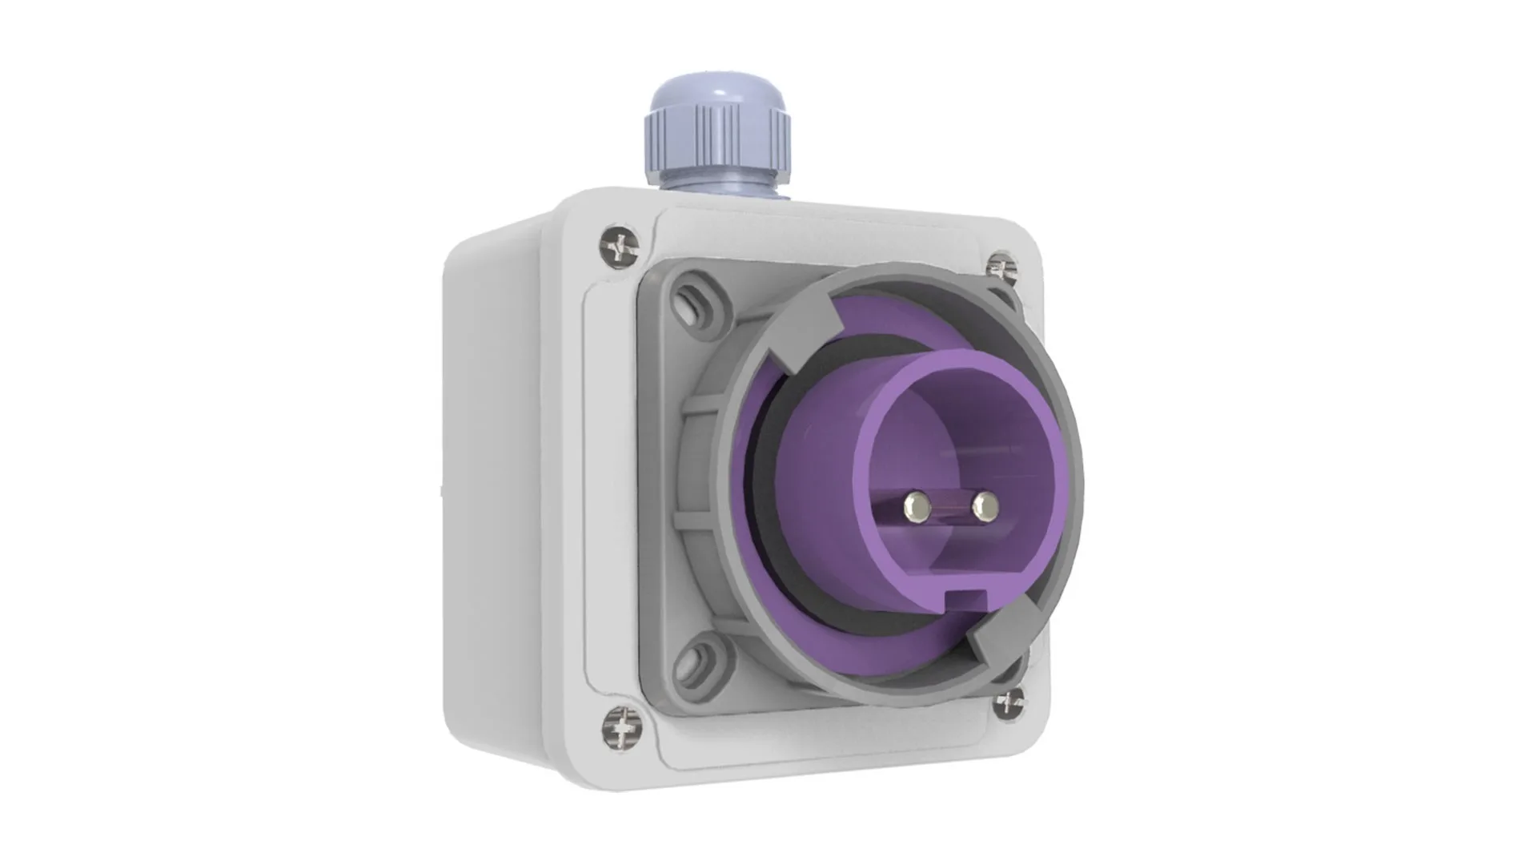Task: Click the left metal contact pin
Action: [x=915, y=505]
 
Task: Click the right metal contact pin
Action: [x=985, y=505]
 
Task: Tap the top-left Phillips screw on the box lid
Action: [x=621, y=246]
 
